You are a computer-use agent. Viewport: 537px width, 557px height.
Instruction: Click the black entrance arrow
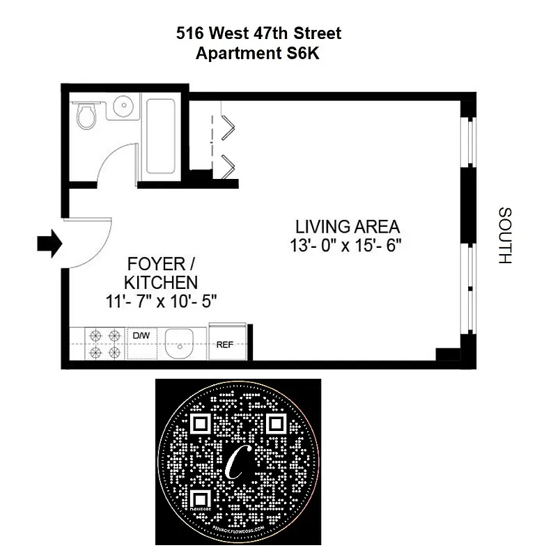tap(49, 243)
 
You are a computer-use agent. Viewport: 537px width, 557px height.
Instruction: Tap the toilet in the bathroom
tap(86, 116)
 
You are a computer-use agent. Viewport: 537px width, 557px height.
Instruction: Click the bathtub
tap(162, 135)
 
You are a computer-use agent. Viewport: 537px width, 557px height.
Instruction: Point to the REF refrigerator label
tap(224, 344)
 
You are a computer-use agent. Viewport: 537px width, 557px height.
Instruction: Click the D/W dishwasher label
tap(141, 336)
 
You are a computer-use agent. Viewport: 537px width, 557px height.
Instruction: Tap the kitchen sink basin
tap(182, 343)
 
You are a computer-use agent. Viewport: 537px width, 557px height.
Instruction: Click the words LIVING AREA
tap(348, 227)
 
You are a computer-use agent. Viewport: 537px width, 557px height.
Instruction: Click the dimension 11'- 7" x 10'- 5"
tap(160, 301)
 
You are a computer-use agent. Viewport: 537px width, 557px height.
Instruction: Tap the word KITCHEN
tap(160, 283)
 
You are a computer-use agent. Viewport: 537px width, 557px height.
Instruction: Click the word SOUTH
tap(505, 235)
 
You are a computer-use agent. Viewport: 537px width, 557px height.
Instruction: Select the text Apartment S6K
tap(258, 54)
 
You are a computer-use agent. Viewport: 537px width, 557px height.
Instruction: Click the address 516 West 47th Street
tap(258, 33)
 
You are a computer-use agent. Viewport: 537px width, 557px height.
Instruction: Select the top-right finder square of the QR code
tap(276, 424)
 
